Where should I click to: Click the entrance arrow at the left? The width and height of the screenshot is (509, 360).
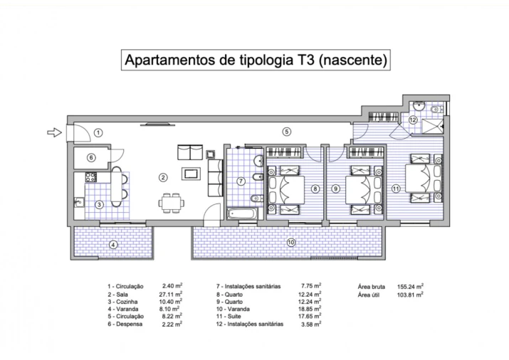[x=53, y=132]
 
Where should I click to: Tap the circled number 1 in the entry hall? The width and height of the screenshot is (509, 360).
[x=98, y=132]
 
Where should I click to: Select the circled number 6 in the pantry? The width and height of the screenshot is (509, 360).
[x=90, y=158]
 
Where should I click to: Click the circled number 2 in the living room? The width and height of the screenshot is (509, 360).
[x=163, y=177]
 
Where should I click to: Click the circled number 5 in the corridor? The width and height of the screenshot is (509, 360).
[x=286, y=131]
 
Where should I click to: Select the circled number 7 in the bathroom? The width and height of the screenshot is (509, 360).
[x=241, y=181]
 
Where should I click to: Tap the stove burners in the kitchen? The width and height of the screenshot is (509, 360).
[x=91, y=176]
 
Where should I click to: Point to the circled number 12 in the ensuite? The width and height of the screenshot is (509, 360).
[x=413, y=120]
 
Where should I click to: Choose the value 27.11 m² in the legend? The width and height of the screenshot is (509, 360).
[x=168, y=293]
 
